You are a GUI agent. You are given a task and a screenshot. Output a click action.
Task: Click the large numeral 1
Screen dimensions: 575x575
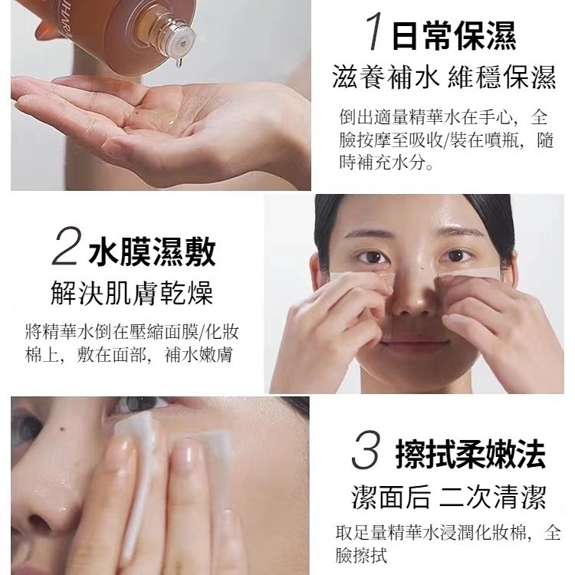[374, 31]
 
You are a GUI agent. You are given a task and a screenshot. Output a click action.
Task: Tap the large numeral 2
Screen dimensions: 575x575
[65, 245]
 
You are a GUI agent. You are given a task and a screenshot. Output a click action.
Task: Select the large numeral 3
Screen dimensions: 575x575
[366, 450]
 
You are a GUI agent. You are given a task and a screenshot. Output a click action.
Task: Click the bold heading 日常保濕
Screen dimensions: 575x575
[455, 35]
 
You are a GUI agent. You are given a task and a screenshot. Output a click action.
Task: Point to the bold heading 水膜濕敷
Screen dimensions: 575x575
[152, 251]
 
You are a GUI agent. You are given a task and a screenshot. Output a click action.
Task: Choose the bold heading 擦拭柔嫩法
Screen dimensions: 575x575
[471, 455]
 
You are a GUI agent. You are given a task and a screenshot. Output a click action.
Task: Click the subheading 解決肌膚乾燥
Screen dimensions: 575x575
[131, 294]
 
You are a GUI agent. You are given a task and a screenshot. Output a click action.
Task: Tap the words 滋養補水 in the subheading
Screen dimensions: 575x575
[385, 77]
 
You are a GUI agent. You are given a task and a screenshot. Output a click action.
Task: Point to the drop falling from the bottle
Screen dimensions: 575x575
[179, 63]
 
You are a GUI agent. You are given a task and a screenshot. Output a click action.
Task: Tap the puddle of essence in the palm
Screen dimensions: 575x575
[172, 121]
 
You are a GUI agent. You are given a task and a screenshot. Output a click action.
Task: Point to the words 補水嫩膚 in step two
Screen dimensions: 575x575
[199, 355]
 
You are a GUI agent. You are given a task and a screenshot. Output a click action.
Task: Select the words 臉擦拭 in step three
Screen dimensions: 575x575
[361, 555]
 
